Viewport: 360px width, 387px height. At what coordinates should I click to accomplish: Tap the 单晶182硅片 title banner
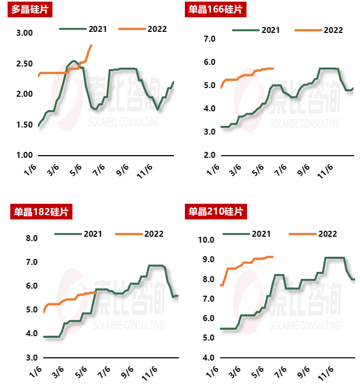tap(41, 211)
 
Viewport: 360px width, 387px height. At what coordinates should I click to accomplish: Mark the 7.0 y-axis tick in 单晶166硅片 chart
tap(209, 39)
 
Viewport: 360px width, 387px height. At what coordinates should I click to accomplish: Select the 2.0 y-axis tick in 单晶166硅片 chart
tap(209, 155)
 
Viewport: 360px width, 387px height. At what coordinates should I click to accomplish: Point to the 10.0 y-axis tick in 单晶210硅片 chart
tap(206, 240)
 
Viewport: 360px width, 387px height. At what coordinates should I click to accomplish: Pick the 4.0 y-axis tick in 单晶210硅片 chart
tap(209, 358)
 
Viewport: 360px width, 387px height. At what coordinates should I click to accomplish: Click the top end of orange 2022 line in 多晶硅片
tap(91, 45)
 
